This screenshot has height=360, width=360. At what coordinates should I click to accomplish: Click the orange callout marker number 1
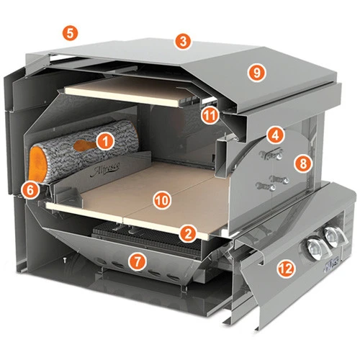coord(106,141)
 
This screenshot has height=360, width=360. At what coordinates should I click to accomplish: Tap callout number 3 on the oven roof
coord(184,41)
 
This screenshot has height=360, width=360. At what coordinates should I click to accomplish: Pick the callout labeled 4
coord(275,135)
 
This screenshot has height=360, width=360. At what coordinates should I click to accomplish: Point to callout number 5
coord(70,32)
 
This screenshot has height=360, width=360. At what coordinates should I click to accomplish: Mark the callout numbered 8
coord(302,163)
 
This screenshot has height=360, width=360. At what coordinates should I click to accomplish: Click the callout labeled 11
coord(210,114)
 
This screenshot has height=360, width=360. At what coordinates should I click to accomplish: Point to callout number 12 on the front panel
coord(285,270)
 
